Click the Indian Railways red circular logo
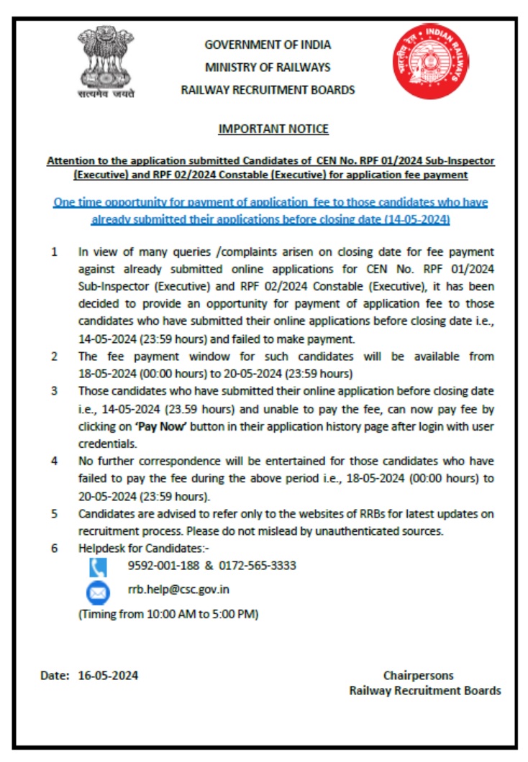[x=431, y=61]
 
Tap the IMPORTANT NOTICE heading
[x=273, y=129]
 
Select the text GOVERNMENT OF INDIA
[x=268, y=45]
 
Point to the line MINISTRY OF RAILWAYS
[x=268, y=68]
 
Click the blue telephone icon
[x=98, y=567]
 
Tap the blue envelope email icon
[x=98, y=593]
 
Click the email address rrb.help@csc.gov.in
[x=179, y=589]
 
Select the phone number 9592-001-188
[x=163, y=566]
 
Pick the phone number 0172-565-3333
[x=258, y=566]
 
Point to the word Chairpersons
[x=419, y=676]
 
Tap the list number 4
[x=54, y=461]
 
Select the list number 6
[x=54, y=548]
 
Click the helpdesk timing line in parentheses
[x=168, y=615]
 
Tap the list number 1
[x=54, y=252]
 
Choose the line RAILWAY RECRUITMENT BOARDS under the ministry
[x=268, y=91]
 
